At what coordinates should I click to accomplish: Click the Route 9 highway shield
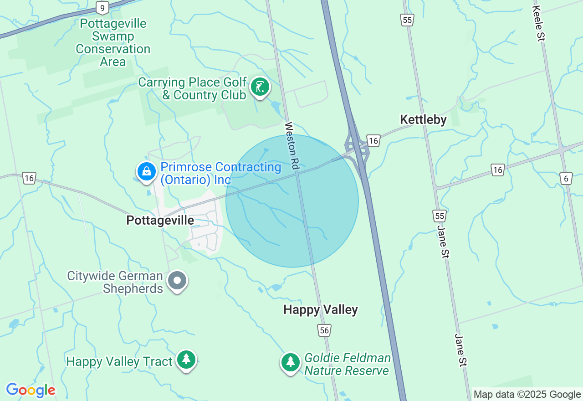(102, 8)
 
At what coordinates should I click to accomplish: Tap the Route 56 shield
(324, 330)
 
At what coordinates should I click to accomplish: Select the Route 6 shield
(566, 179)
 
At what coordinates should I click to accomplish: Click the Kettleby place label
(423, 120)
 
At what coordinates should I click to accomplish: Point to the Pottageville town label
(160, 221)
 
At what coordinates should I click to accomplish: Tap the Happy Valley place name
(321, 310)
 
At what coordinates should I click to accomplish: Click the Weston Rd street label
(292, 146)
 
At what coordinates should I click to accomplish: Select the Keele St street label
(539, 23)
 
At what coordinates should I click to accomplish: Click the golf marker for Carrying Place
(260, 87)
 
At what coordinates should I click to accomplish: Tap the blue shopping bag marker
(147, 172)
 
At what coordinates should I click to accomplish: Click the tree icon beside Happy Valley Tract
(186, 360)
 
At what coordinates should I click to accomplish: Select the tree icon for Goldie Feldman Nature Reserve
(291, 362)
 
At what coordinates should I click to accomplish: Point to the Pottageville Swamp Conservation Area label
(113, 42)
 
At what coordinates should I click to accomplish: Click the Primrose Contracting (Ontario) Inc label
(220, 173)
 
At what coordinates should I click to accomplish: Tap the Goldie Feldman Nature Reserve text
(347, 364)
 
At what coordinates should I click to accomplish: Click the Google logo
(31, 390)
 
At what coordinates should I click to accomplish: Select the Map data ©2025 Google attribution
(527, 395)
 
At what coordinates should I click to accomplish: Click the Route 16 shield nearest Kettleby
(373, 141)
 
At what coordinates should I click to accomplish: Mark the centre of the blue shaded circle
(292, 200)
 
